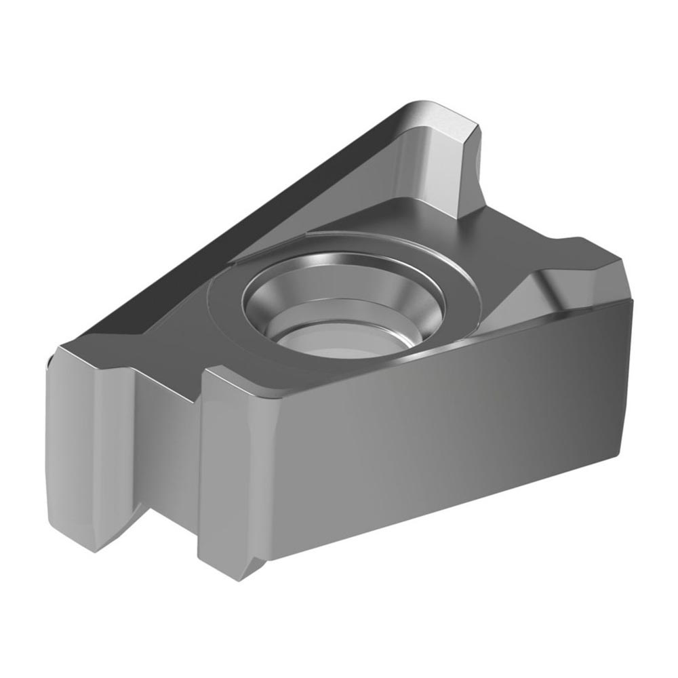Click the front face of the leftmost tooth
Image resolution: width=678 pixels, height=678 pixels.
point(88,441)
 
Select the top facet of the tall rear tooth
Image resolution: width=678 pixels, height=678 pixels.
point(434,119)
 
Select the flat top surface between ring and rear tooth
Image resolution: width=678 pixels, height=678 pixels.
point(380,217)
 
